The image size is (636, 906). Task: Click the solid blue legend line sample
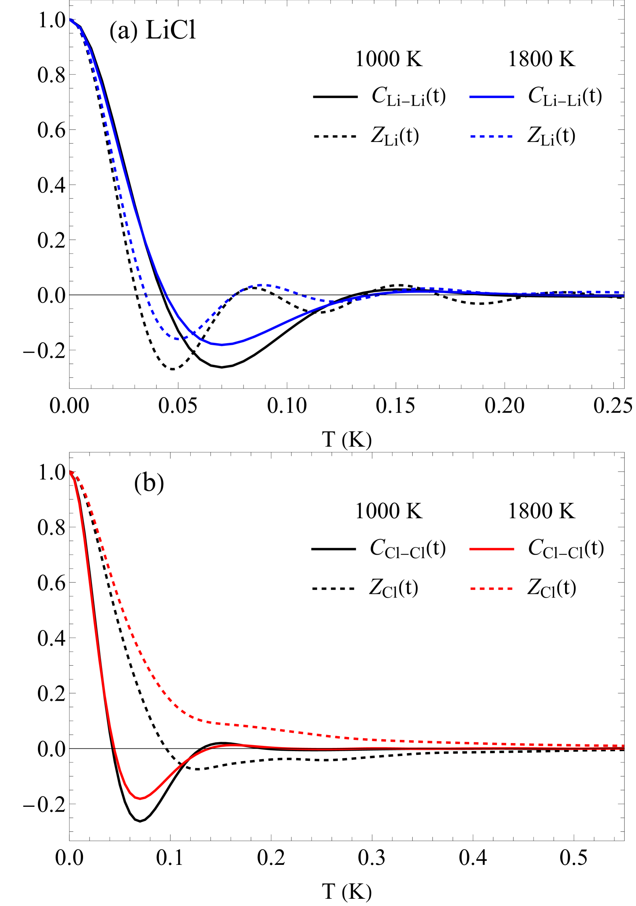[491, 97]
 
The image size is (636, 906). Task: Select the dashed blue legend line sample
[491, 137]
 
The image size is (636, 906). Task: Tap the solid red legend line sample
[491, 549]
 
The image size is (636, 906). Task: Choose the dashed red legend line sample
[491, 589]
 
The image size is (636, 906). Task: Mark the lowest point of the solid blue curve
[221, 345]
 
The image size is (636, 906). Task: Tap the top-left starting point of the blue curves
[71, 19]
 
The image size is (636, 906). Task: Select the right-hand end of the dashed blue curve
[624, 292]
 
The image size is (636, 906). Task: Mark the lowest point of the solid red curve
[140, 798]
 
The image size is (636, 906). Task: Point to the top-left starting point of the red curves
[71, 471]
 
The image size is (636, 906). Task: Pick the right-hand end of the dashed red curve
[624, 746]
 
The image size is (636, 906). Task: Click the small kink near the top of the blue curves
[81, 28]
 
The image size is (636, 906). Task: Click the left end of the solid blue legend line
[470, 97]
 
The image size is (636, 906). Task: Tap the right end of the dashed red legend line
[513, 589]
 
